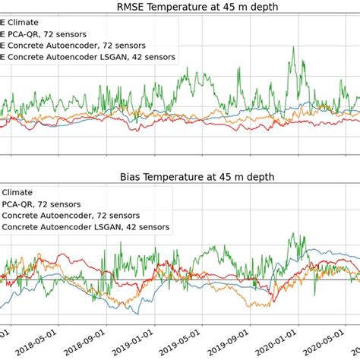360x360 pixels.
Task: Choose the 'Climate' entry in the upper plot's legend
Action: point(23,22)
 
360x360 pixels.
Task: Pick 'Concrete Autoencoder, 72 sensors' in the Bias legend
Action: point(71,215)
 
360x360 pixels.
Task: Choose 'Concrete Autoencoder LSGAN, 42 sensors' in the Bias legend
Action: point(87,226)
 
